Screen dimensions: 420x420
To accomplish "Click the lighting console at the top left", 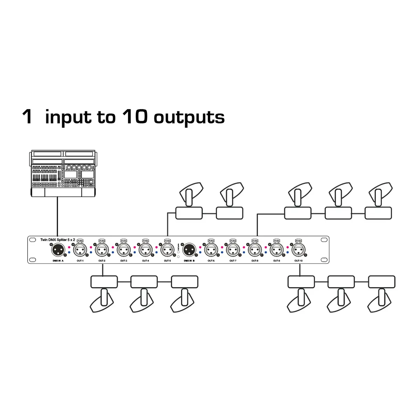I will [x=63, y=174].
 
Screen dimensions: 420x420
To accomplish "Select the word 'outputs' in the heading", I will [x=189, y=118].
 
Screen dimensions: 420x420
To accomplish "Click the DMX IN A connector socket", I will [x=57, y=250].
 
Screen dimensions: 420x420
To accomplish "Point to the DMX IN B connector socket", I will [x=189, y=250].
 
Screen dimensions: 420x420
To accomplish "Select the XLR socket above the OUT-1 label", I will [x=80, y=250].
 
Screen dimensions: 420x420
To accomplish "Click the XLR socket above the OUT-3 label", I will [x=124, y=250].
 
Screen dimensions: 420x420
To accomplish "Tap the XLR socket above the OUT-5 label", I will [x=167, y=250].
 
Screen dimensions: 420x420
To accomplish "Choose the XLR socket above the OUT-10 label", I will [x=298, y=250].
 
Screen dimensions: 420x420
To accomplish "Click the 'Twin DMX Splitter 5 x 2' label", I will [x=58, y=240].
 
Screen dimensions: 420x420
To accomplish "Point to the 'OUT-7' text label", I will [x=233, y=261].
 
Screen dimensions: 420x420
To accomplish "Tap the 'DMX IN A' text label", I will [x=58, y=261].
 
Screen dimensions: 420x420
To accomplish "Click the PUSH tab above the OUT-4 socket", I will [x=146, y=241].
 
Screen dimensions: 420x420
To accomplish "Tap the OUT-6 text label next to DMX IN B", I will [x=211, y=261].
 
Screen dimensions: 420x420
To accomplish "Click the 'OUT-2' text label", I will [x=102, y=261].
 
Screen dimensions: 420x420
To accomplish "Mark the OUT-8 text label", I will [x=255, y=261].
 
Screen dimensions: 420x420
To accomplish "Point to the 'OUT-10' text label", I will [x=299, y=261].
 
